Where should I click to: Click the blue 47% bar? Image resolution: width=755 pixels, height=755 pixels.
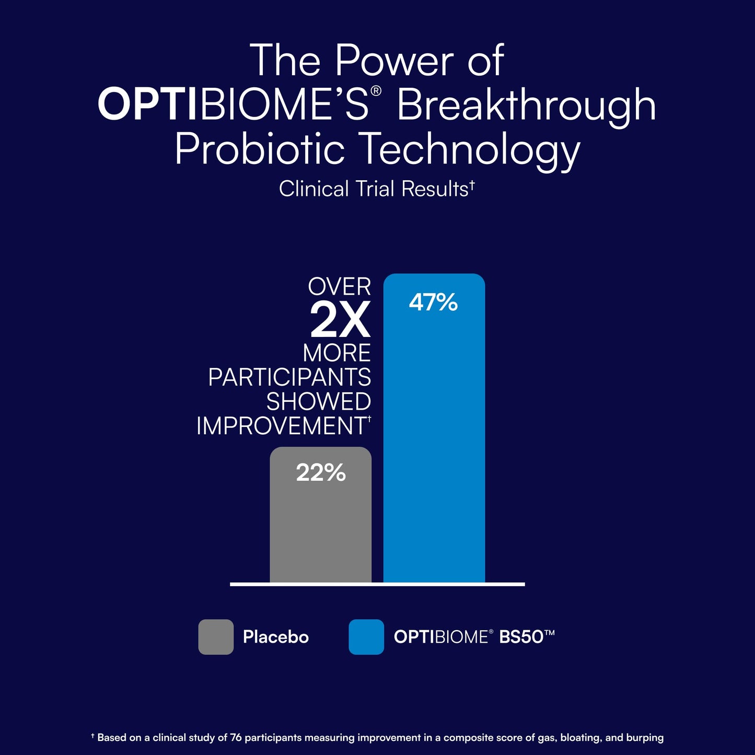[434, 428]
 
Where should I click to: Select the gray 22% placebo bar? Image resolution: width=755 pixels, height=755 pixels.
[320, 515]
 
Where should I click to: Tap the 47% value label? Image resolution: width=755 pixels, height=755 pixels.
[433, 303]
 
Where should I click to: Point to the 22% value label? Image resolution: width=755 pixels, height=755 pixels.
[321, 472]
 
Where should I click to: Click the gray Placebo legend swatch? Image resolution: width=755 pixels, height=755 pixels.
[216, 637]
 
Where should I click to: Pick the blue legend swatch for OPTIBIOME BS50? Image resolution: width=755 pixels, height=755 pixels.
[366, 637]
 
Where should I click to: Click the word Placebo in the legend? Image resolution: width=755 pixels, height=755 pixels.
[276, 637]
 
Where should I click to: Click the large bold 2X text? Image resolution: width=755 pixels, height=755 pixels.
[340, 320]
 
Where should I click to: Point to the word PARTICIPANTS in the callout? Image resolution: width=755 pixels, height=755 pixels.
[289, 377]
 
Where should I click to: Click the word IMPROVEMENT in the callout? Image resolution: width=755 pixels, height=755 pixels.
[282, 425]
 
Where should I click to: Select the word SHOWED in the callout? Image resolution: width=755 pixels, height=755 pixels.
[319, 401]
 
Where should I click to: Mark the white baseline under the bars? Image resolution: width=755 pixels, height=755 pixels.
[377, 584]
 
